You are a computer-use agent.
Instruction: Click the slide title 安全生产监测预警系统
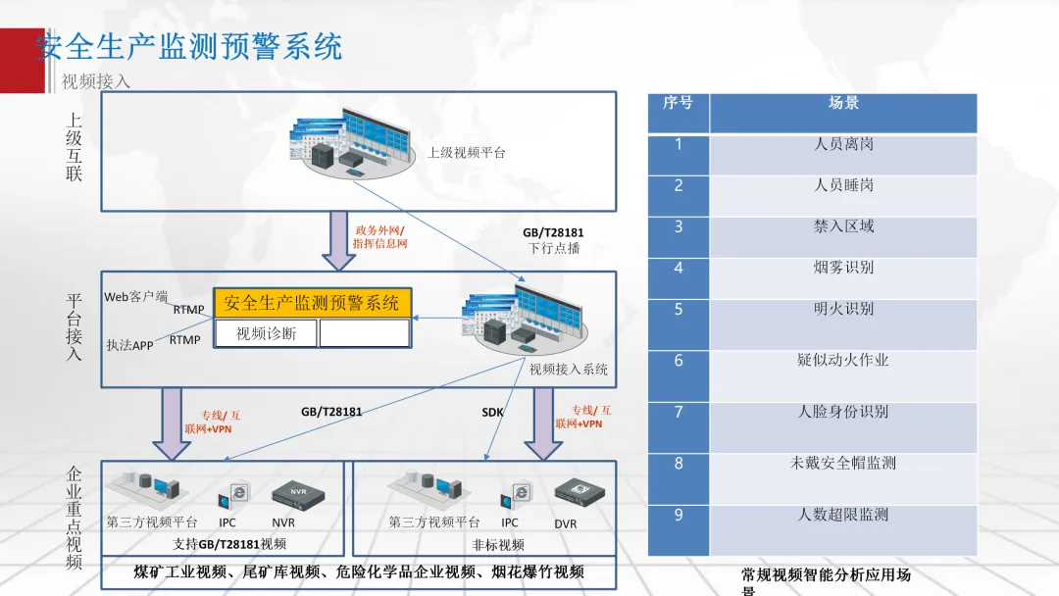tap(189, 46)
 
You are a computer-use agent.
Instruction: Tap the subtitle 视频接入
tap(96, 81)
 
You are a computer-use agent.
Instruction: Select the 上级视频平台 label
tap(467, 153)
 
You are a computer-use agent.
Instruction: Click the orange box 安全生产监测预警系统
tap(312, 303)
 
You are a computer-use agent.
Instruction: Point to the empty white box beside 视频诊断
tap(364, 333)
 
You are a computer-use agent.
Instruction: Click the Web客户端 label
tap(136, 296)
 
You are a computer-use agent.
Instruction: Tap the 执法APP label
tap(130, 345)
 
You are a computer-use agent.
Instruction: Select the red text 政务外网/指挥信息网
tap(379, 236)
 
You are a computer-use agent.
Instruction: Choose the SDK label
tap(492, 413)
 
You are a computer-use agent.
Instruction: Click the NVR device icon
tap(289, 494)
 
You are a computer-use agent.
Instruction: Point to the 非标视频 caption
tap(498, 544)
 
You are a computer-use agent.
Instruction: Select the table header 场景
tap(843, 103)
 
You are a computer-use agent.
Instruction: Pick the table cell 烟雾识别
tap(843, 267)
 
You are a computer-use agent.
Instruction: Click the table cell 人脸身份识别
tap(843, 412)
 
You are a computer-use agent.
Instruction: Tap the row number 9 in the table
tap(679, 515)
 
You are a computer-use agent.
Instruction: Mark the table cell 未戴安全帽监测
tap(843, 463)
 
